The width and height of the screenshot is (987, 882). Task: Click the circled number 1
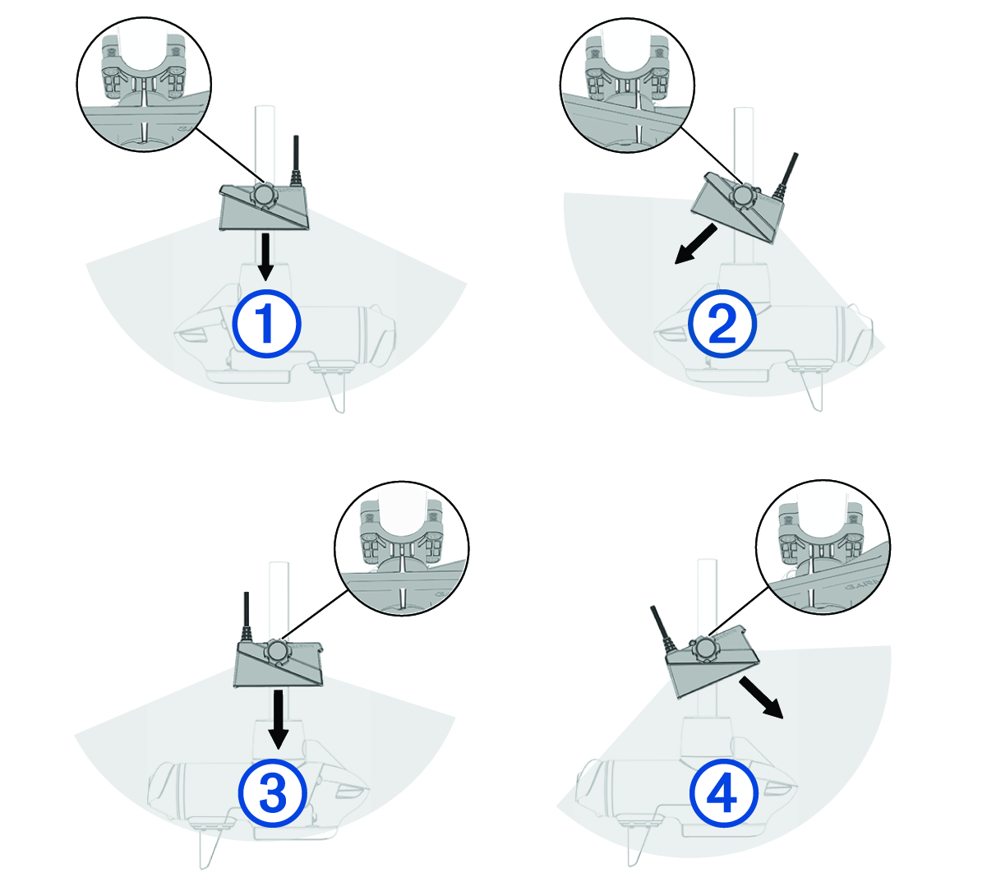pos(266,324)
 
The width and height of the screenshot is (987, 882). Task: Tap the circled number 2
pos(722,324)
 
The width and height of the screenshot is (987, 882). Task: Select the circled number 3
pos(273,792)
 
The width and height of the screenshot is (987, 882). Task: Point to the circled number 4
pos(724,793)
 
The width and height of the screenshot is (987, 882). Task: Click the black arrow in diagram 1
pos(265,257)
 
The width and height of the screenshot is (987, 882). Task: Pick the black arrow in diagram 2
pos(696,243)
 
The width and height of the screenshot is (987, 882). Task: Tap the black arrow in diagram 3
pos(278,719)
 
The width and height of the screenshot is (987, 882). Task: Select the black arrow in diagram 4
pos(761,697)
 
